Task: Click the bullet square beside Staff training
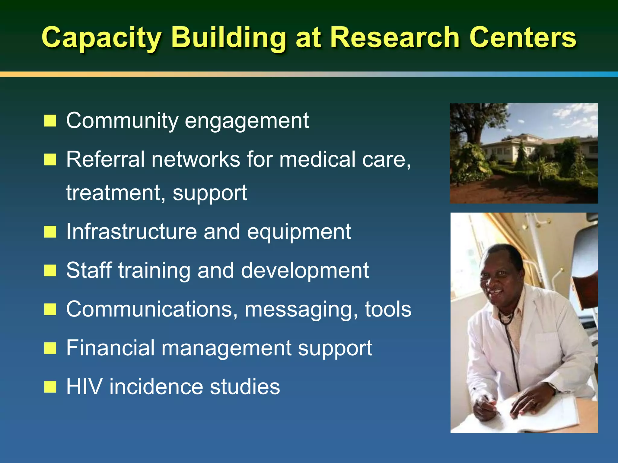click(50, 270)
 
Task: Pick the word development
click(305, 270)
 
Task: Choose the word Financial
click(110, 348)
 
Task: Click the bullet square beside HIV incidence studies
click(50, 387)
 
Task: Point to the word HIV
click(84, 387)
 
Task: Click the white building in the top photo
click(513, 148)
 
